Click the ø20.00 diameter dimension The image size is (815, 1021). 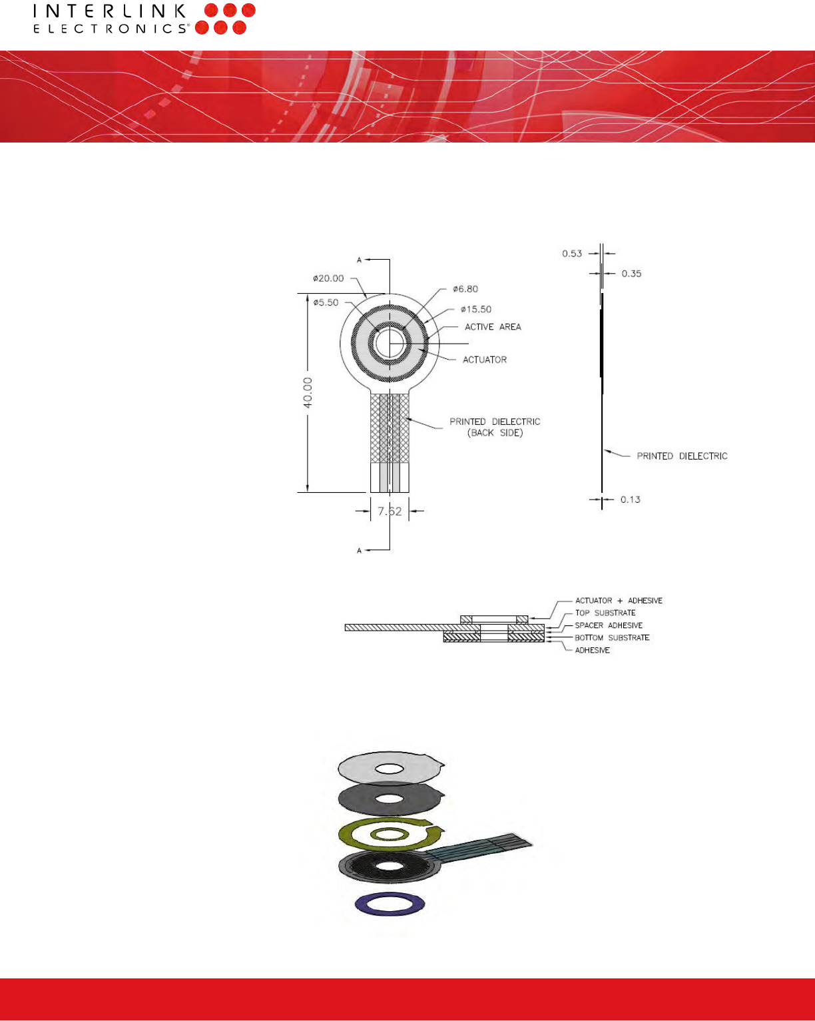point(328,278)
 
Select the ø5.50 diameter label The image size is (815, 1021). point(326,302)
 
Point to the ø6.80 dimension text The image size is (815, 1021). point(465,289)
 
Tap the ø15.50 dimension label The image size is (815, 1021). point(476,309)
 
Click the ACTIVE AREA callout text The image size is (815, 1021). point(493,327)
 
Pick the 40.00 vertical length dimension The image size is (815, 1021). point(308,393)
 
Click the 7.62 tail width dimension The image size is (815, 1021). point(390,511)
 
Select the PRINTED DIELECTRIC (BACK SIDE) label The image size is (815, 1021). point(495,427)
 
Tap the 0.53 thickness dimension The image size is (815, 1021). point(572,254)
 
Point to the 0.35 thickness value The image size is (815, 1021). point(631,274)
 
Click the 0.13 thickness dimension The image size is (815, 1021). point(631,500)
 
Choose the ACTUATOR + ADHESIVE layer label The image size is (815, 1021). point(619,601)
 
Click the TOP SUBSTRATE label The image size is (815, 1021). point(605,613)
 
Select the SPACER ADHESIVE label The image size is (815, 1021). point(609,625)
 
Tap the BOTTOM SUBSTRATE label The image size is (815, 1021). point(612,637)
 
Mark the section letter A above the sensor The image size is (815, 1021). point(359,260)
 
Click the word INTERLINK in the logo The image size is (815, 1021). point(110,11)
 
